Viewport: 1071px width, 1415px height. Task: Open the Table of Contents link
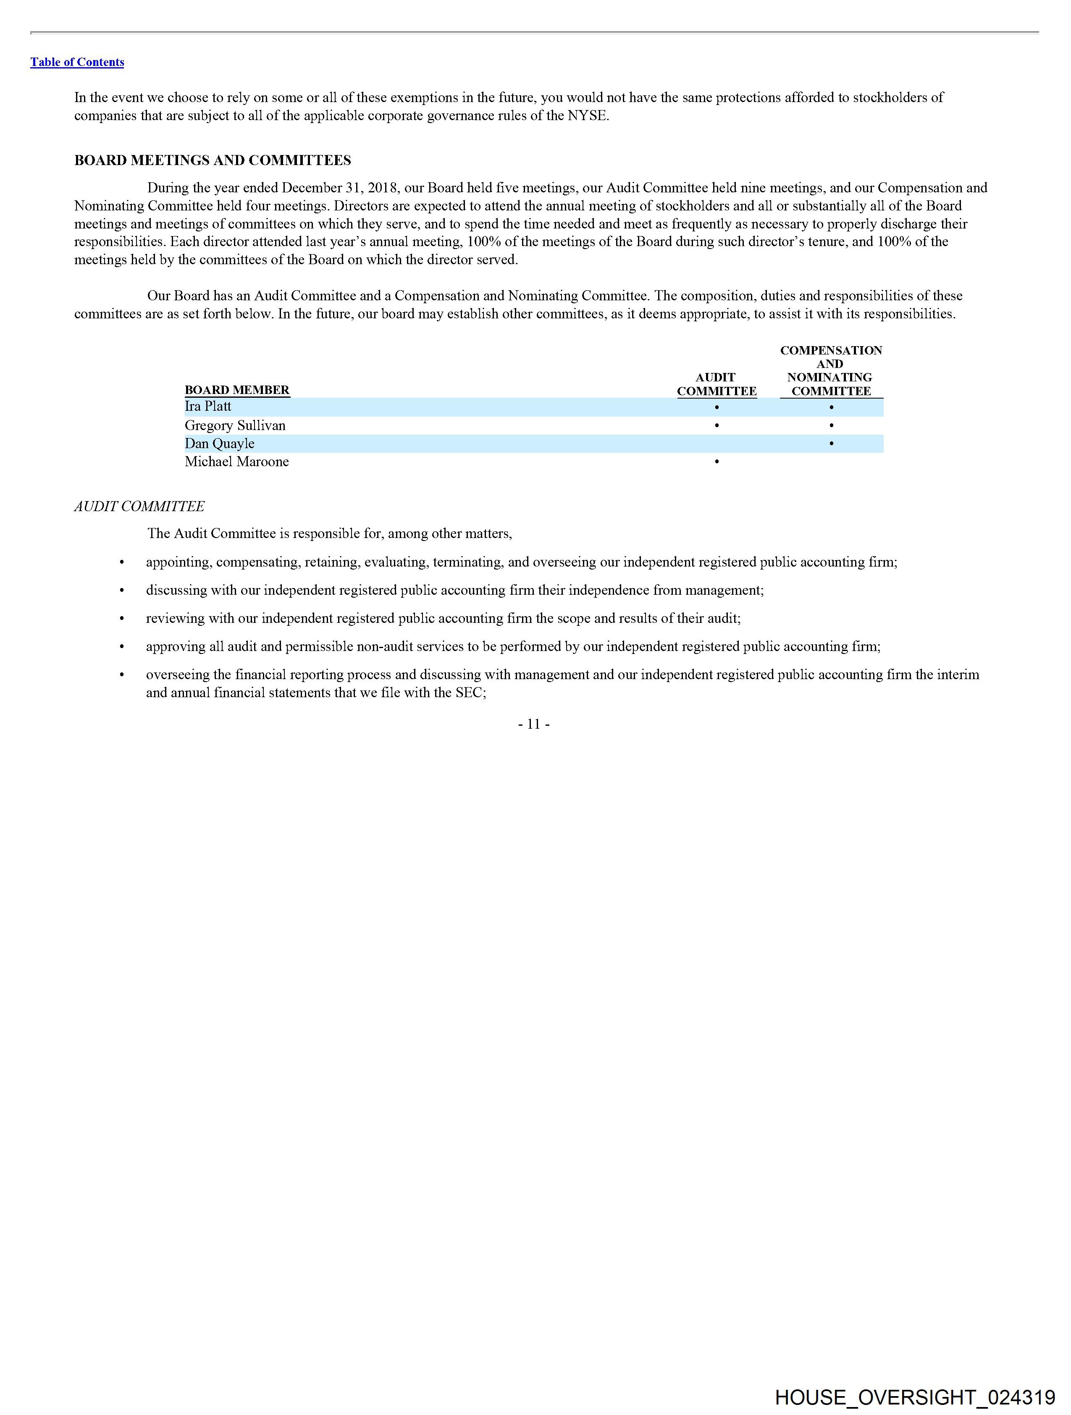click(77, 62)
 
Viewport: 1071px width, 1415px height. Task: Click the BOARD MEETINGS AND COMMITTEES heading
click(213, 160)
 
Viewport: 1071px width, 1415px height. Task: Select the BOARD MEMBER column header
click(237, 390)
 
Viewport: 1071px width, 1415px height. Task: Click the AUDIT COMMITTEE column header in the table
click(717, 384)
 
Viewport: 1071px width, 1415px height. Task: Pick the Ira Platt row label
click(208, 406)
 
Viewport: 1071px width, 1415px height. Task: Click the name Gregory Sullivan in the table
click(235, 425)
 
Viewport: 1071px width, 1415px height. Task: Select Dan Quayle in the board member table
click(219, 443)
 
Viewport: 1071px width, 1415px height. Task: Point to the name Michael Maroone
click(237, 461)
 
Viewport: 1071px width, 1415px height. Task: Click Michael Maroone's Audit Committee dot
click(717, 461)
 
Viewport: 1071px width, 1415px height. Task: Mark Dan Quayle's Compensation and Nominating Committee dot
click(831, 443)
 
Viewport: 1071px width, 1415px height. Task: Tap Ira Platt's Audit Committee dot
click(717, 407)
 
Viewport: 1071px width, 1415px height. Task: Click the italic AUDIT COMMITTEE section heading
click(139, 506)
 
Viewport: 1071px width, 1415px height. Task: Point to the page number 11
click(533, 724)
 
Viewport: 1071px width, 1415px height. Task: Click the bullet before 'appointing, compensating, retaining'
click(121, 562)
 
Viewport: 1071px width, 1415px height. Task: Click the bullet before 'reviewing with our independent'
click(121, 619)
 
